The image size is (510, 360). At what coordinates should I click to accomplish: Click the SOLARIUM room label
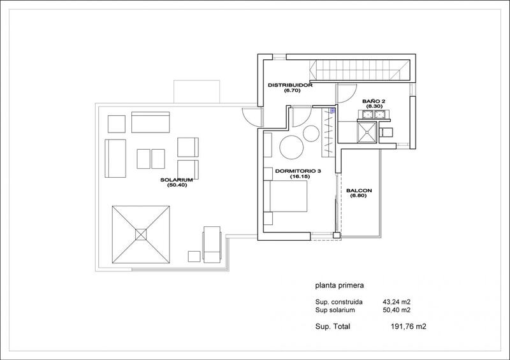pyautogui.click(x=177, y=180)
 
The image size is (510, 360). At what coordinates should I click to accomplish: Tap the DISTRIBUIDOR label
pyautogui.click(x=290, y=85)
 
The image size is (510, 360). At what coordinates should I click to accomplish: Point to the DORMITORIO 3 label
pyautogui.click(x=298, y=171)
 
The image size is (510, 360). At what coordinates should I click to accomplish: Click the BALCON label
pyautogui.click(x=359, y=191)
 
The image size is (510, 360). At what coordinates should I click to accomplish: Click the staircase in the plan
pyautogui.click(x=359, y=70)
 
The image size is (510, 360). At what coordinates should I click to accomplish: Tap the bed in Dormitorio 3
pyautogui.click(x=288, y=196)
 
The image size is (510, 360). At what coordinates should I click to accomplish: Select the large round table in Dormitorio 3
pyautogui.click(x=291, y=147)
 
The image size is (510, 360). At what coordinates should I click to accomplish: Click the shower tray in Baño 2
pyautogui.click(x=367, y=132)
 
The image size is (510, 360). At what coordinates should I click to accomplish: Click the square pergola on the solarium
pyautogui.click(x=141, y=234)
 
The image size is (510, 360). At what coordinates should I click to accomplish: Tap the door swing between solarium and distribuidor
pyautogui.click(x=252, y=117)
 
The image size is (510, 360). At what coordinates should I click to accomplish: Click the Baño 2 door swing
pyautogui.click(x=346, y=94)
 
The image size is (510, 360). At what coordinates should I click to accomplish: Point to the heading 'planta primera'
pyautogui.click(x=339, y=285)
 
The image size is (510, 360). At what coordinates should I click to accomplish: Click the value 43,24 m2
pyautogui.click(x=397, y=302)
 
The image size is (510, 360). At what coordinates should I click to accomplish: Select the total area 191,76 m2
pyautogui.click(x=408, y=326)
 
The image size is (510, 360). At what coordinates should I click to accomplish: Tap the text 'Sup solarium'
pyautogui.click(x=335, y=310)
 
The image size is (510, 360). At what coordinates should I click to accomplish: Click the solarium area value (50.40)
pyautogui.click(x=177, y=185)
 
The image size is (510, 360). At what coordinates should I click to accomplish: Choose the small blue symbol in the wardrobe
pyautogui.click(x=332, y=111)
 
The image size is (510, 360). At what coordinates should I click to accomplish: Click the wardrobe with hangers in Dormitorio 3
pyautogui.click(x=328, y=133)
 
